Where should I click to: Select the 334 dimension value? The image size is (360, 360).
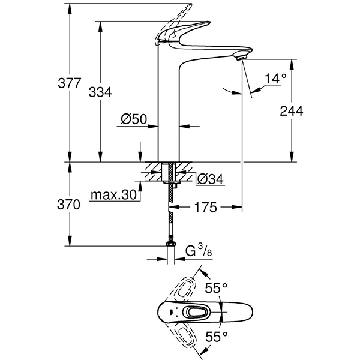(100, 92)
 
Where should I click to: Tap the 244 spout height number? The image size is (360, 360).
(292, 111)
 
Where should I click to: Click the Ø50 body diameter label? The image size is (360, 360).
(133, 119)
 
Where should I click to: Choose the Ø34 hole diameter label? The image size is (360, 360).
(209, 178)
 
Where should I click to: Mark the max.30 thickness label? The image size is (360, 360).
(113, 195)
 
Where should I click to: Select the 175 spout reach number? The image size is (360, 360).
(205, 208)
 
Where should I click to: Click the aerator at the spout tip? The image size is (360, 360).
(242, 57)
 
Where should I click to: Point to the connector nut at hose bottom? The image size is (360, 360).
(171, 245)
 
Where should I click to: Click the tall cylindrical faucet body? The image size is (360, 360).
(169, 108)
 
